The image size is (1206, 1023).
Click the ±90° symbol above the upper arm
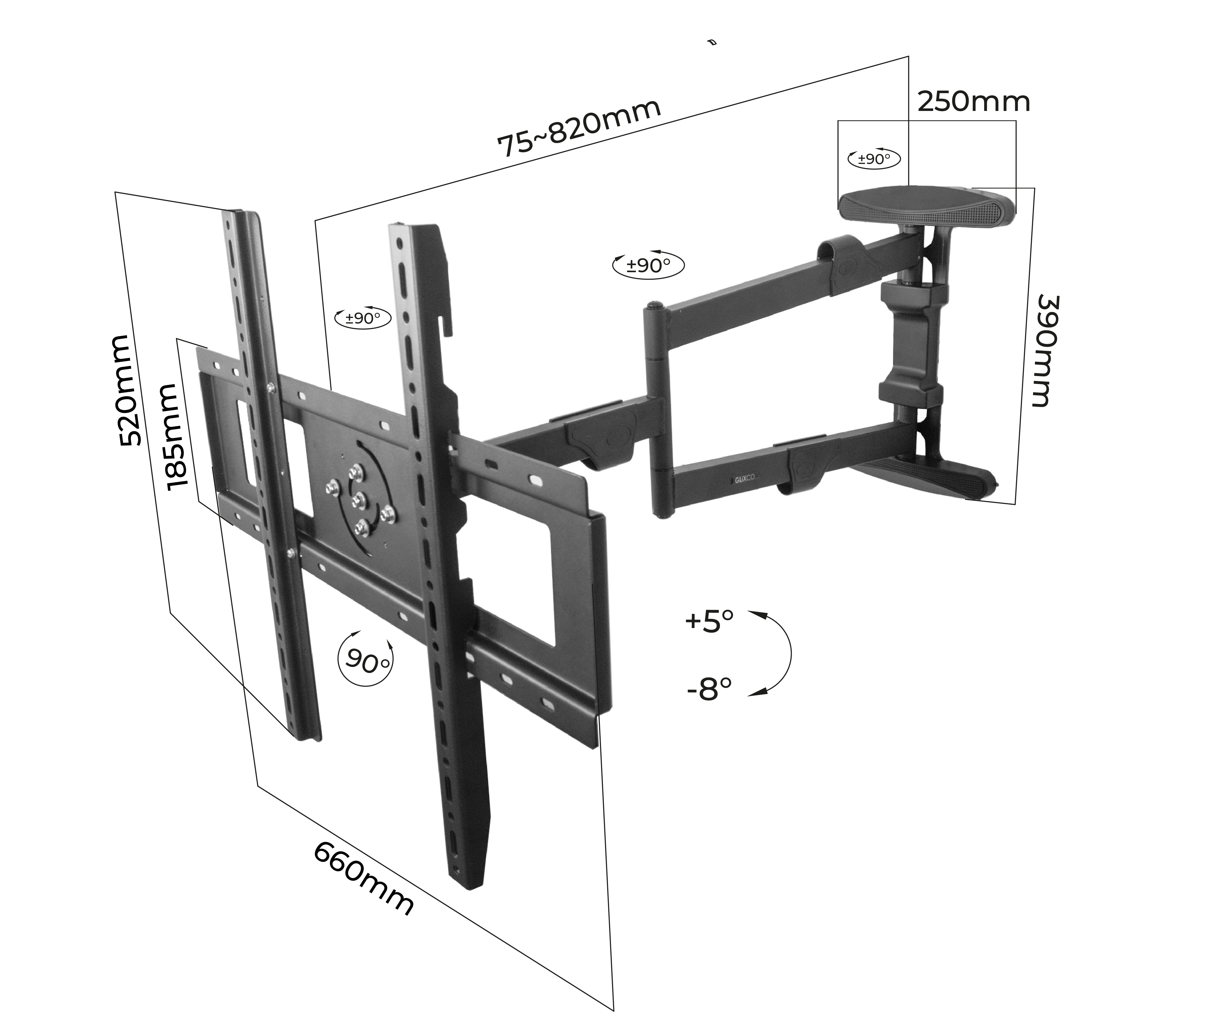648,266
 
